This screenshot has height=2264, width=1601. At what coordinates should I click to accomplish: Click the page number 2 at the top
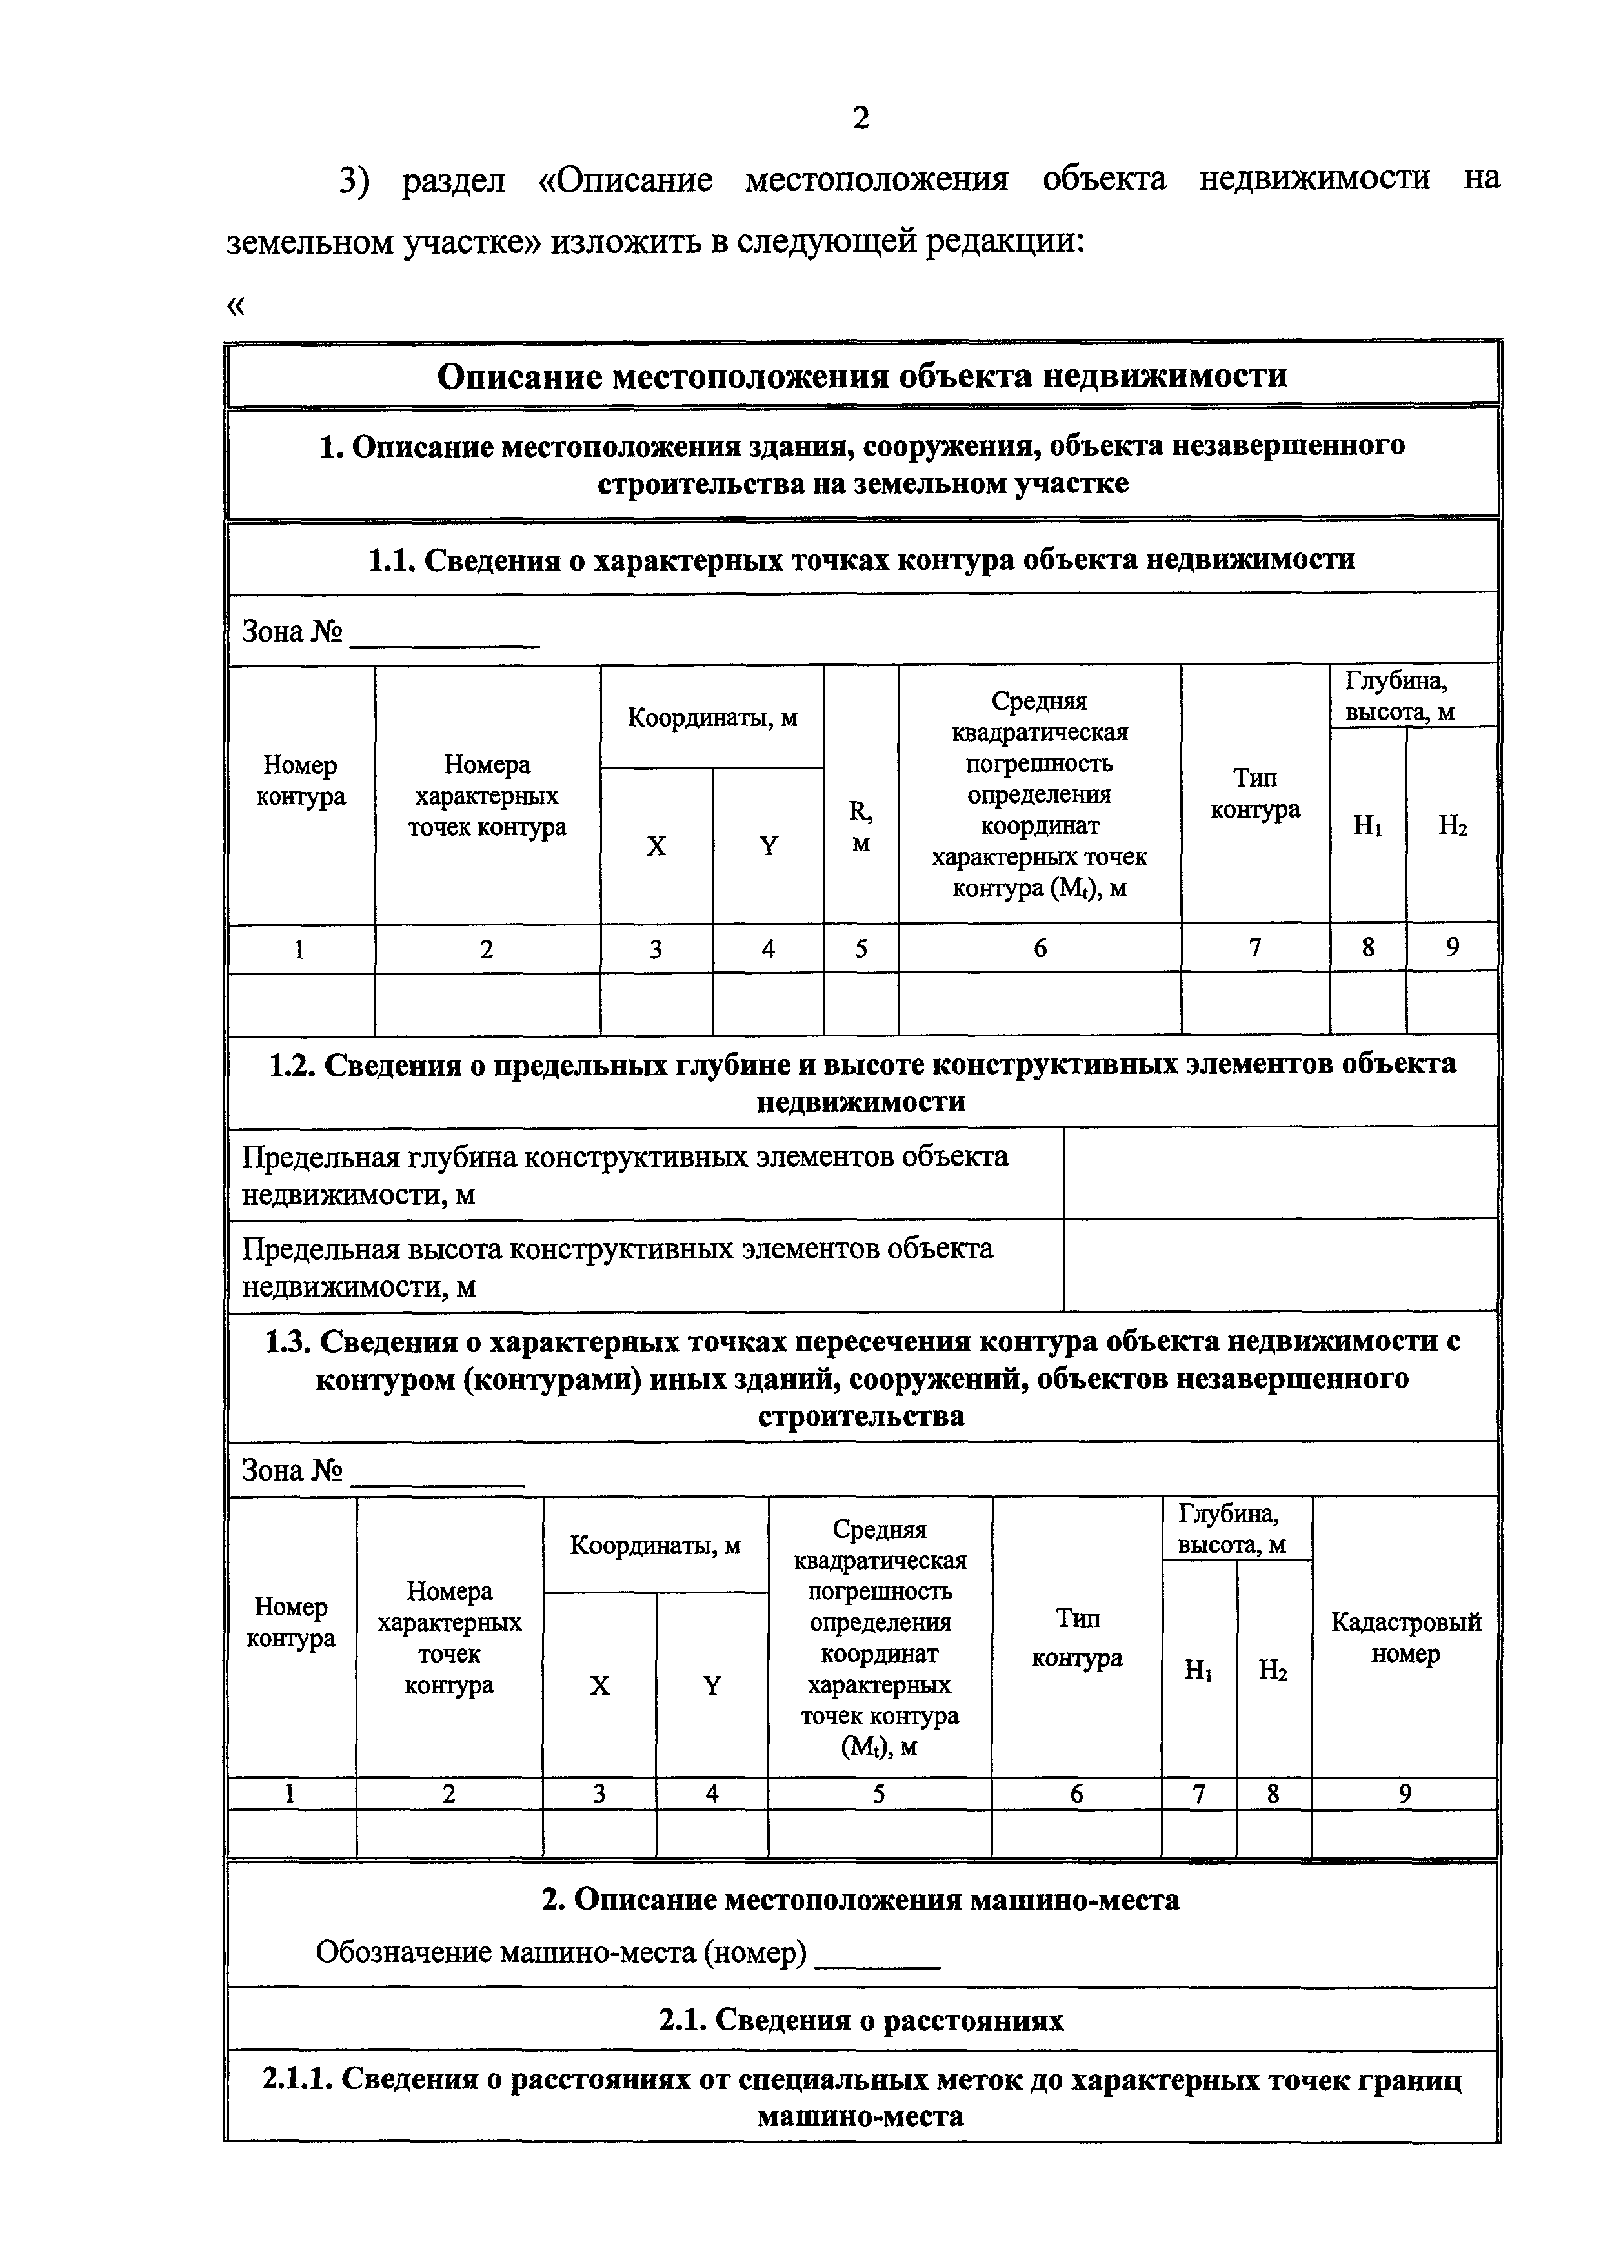[x=861, y=118]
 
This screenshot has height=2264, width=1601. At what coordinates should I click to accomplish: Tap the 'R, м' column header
[x=861, y=826]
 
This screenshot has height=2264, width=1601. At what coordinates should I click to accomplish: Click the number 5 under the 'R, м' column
[x=861, y=949]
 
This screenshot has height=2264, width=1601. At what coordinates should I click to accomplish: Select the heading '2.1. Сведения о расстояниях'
[x=861, y=2021]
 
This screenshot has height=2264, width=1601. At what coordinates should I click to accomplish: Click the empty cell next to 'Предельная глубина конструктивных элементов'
[x=1280, y=1173]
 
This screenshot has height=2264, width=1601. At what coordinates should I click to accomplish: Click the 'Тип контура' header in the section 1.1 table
[x=1255, y=794]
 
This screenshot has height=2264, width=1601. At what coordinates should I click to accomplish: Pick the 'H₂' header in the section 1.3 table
[x=1273, y=1670]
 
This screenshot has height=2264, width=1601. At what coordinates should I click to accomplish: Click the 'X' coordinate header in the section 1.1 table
[x=656, y=846]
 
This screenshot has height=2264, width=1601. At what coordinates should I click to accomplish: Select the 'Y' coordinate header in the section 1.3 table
[x=712, y=1685]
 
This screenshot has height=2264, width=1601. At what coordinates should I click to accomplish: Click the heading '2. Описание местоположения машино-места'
[x=861, y=1900]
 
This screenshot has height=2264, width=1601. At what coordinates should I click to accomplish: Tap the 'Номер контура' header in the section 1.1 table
[x=301, y=780]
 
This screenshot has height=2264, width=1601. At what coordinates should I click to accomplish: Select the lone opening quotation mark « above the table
[x=235, y=306]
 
